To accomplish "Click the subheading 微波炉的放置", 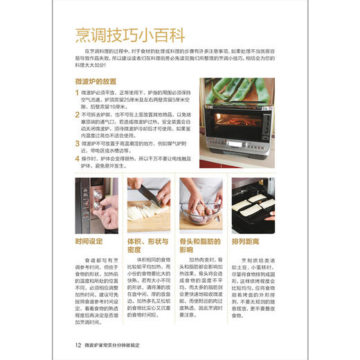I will coord(100,81).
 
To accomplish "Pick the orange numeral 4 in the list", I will coord(78,158).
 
